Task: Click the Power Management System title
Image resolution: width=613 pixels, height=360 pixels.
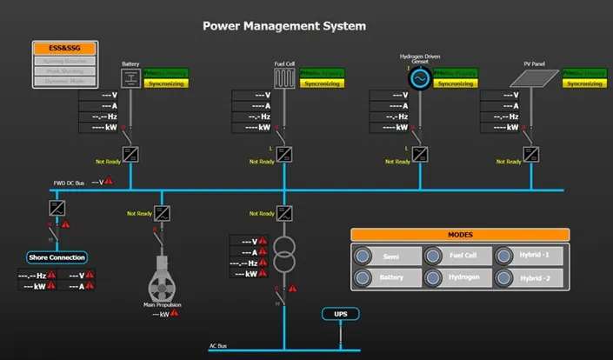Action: pyautogui.click(x=284, y=26)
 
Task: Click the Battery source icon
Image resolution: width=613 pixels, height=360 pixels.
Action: pyautogui.click(x=130, y=78)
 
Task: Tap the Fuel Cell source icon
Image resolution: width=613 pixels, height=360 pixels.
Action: pyautogui.click(x=283, y=78)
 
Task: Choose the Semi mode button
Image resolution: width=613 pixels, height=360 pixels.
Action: pyautogui.click(x=385, y=257)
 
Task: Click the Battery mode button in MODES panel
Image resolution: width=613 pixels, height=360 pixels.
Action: pyautogui.click(x=385, y=279)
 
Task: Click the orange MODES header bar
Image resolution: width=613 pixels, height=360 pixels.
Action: pyautogui.click(x=460, y=235)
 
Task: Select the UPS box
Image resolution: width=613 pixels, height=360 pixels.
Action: pyautogui.click(x=340, y=313)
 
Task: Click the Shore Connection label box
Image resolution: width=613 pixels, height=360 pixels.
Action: pyautogui.click(x=57, y=257)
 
